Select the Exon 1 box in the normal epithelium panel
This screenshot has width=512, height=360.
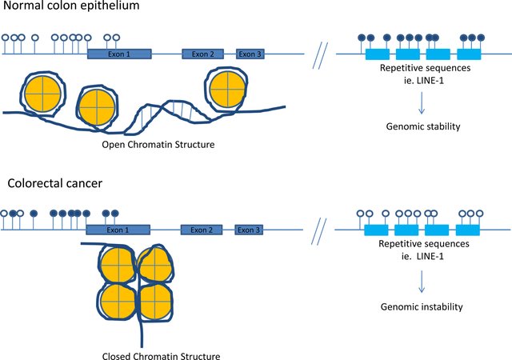(119, 54)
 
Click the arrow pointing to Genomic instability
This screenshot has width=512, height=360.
(422, 280)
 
